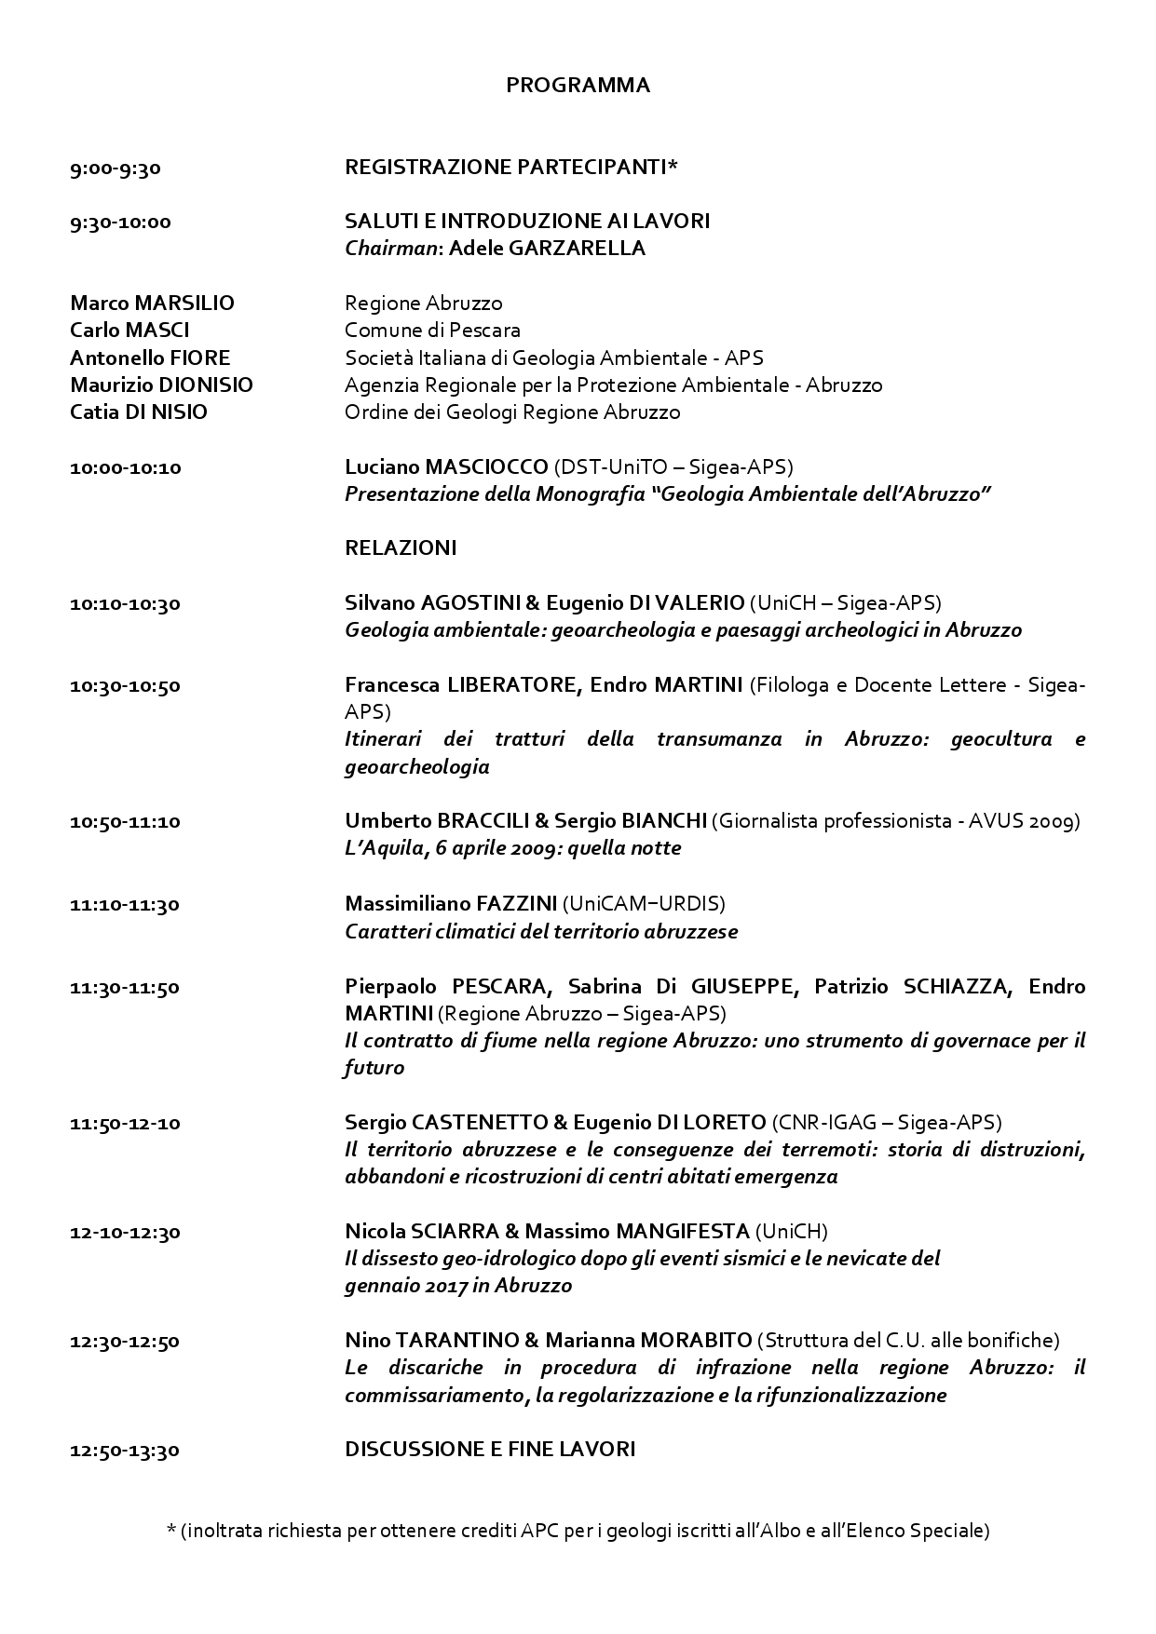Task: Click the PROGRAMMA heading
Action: click(578, 86)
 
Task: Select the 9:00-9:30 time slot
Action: click(116, 168)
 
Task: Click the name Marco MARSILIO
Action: click(152, 304)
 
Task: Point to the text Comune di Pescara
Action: click(432, 331)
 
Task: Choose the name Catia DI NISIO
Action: click(139, 412)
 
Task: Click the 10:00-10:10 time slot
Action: click(126, 467)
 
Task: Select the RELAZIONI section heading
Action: click(401, 548)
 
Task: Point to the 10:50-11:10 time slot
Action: click(125, 821)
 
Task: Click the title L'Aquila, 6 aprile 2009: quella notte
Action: click(512, 848)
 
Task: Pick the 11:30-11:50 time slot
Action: click(125, 987)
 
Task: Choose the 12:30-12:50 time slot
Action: click(125, 1342)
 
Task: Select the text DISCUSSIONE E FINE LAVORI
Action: click(490, 1450)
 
